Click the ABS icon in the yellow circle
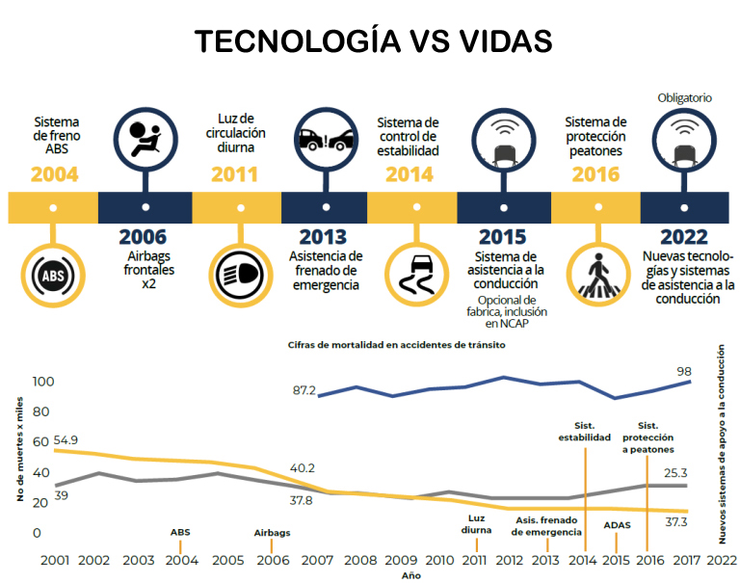pos(53,276)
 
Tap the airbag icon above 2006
pos(145,139)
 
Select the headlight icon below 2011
pos(240,275)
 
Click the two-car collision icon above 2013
pos(326,140)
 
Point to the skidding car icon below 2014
pos(417,275)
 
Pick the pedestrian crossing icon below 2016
pos(598,276)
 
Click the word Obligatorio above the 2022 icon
pos(684,97)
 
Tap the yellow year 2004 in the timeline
pos(54,174)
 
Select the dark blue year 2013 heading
pos(323,237)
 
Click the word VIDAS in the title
pos(506,40)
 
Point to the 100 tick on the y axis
pos(43,382)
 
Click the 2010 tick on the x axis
pos(439,560)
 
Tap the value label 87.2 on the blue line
pos(304,390)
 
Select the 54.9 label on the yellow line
pos(66,440)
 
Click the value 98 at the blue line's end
pos(684,372)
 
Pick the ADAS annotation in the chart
pos(617,525)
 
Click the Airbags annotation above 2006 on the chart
pos(272,533)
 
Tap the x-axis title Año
pos(411,575)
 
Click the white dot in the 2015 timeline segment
pos(504,207)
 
